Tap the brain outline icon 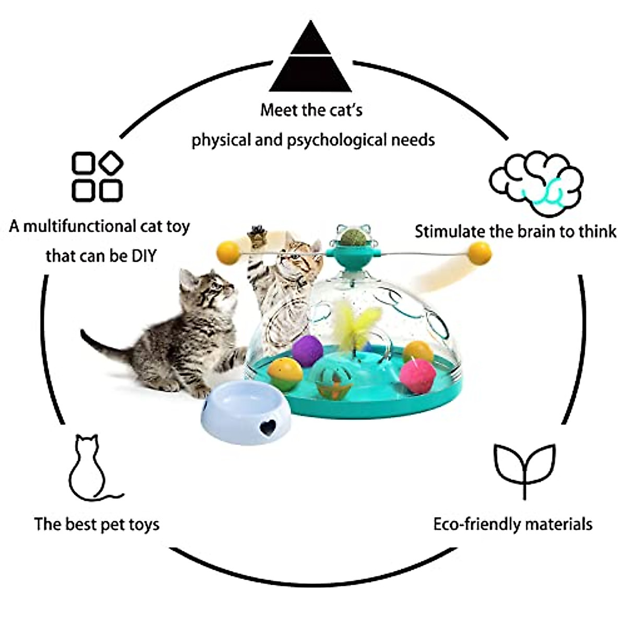point(536,184)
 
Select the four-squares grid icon point(97,177)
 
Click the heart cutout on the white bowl point(268,427)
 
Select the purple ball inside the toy point(307,351)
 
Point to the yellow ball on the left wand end point(228,253)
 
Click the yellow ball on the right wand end point(479,254)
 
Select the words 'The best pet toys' point(97,524)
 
